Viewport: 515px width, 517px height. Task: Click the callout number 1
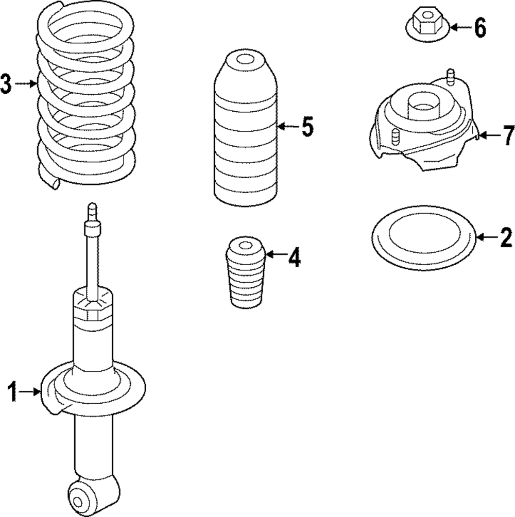[x=12, y=392]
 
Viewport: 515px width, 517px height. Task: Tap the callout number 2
[x=505, y=237]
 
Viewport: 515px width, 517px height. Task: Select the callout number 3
[x=6, y=84]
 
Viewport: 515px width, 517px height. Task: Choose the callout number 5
[x=307, y=127]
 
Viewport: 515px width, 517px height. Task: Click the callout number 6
[x=479, y=28]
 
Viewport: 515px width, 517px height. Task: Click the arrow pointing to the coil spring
[x=26, y=83]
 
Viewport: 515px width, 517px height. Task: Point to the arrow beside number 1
[x=31, y=392]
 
